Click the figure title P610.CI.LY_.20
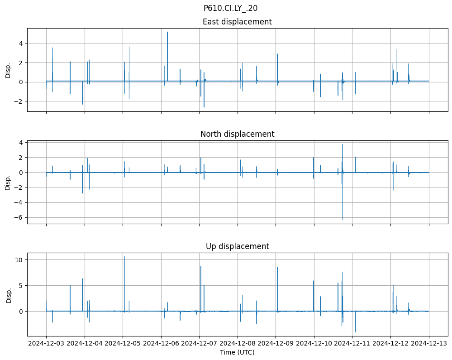230,8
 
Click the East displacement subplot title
237,22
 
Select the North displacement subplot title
237,134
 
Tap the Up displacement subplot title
237,246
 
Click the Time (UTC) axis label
237,352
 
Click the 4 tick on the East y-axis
21,43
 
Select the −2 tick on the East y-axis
19,101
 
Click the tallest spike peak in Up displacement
124,257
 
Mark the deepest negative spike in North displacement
343,220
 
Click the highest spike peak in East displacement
167,32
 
